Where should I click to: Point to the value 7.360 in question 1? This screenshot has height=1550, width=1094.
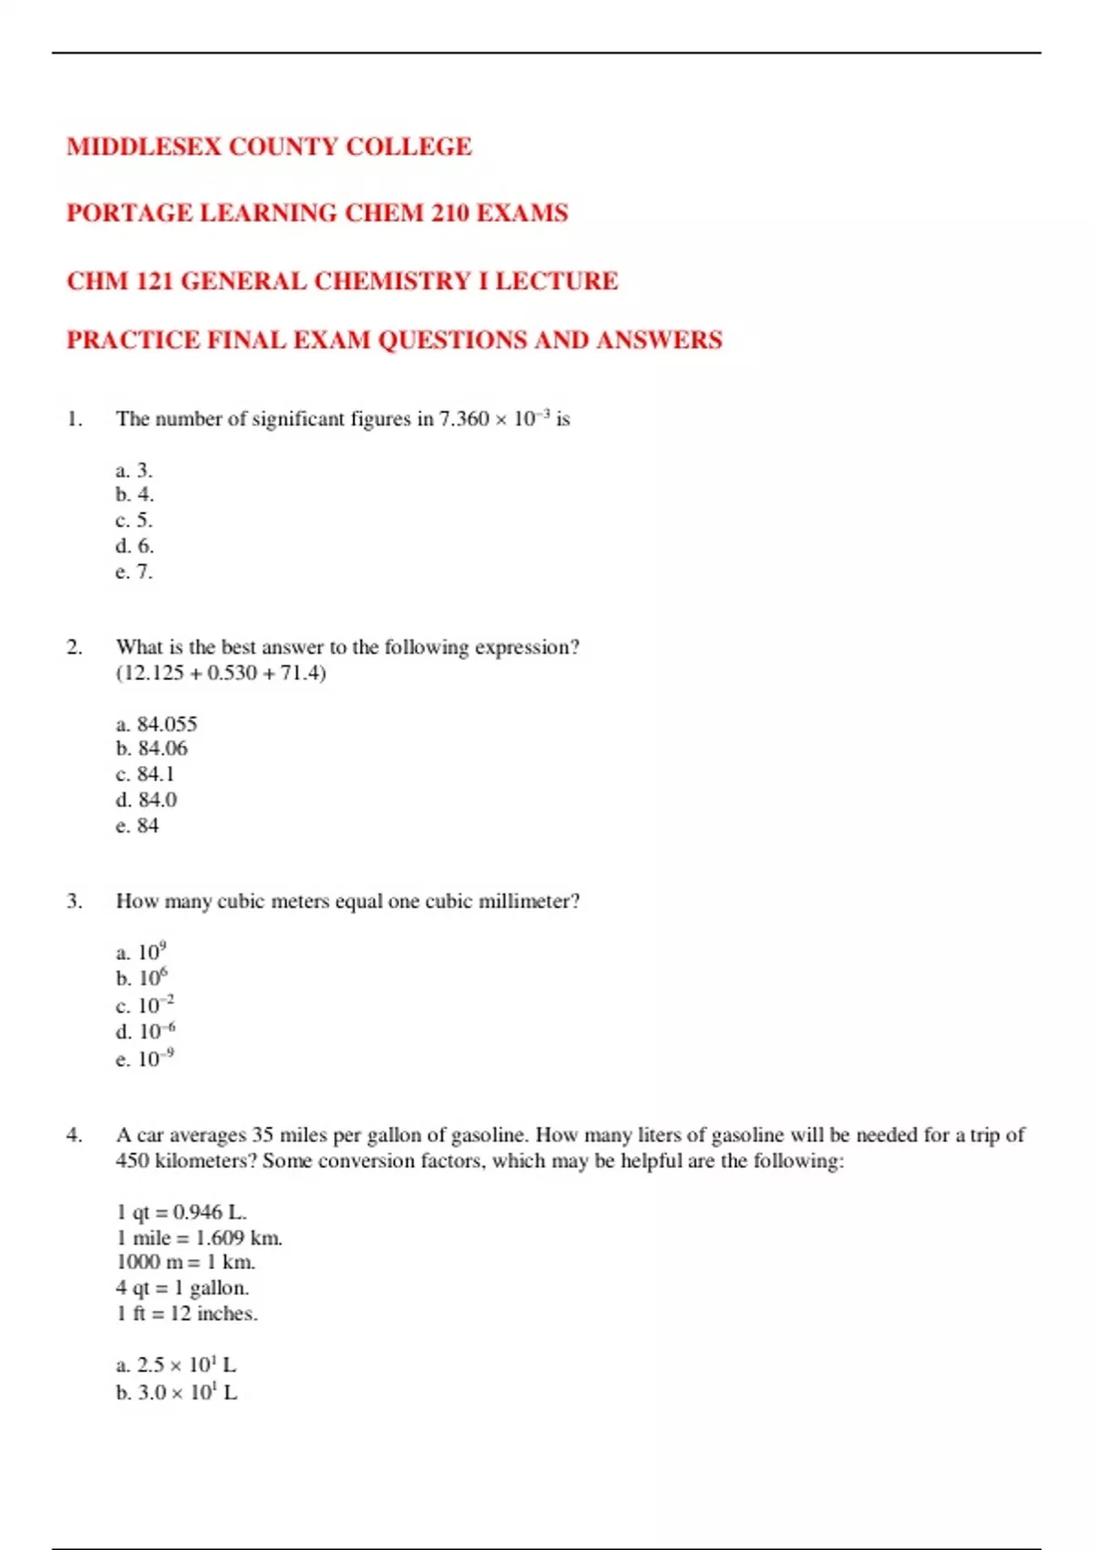[464, 419]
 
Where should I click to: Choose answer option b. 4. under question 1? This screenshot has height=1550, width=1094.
[135, 495]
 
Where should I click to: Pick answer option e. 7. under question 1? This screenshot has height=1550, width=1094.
[134, 572]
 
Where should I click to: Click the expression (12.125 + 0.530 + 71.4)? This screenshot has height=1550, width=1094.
[221, 673]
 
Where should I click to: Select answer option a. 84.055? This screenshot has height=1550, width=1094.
[156, 724]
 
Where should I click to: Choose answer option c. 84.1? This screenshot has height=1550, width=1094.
[145, 774]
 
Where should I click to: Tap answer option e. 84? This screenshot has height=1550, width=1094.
[137, 825]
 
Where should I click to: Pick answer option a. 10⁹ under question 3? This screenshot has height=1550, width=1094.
[141, 952]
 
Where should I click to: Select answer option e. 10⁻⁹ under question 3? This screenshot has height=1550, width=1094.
[145, 1059]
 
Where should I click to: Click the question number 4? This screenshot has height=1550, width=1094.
[74, 1135]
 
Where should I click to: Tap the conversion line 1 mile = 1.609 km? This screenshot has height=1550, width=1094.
[199, 1237]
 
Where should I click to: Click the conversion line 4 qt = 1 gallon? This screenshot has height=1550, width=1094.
[182, 1287]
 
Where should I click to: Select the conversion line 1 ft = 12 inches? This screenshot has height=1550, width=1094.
[187, 1313]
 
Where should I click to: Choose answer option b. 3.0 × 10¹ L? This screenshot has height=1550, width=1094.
[176, 1392]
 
